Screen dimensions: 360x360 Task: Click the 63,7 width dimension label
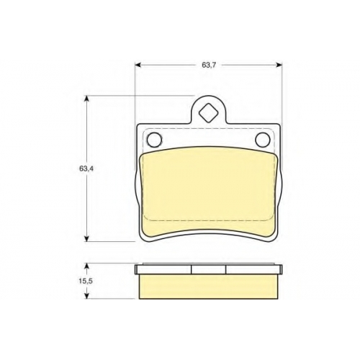point(209,65)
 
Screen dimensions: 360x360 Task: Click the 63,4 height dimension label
point(86,168)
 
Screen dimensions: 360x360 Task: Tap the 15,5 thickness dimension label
point(86,282)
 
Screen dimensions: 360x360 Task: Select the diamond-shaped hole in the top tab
point(209,112)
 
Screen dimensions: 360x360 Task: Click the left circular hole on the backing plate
point(154,140)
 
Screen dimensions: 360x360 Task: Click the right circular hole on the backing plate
point(263,140)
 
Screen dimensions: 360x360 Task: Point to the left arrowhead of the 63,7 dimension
point(138,65)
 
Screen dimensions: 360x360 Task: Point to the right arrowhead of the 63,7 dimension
point(279,65)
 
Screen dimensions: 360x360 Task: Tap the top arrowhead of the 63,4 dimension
point(87,99)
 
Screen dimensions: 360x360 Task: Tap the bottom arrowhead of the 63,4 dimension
point(87,238)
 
